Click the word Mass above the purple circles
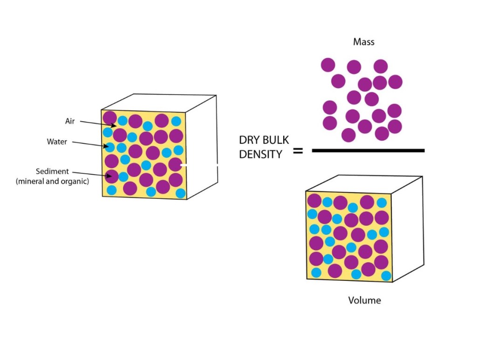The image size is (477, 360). point(364,42)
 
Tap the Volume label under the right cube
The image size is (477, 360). point(364,300)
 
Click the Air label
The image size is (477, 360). point(69,121)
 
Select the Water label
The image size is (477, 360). point(57,142)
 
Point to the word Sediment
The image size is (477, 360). point(52,171)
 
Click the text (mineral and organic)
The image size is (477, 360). point(52,182)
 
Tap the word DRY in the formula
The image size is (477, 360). point(249,140)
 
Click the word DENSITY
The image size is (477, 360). point(261,155)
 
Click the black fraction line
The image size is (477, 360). point(368,150)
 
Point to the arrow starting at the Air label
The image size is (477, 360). point(98,123)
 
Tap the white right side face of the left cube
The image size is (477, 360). point(201,144)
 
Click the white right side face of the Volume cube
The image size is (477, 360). point(407,228)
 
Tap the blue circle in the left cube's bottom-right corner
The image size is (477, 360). point(181,193)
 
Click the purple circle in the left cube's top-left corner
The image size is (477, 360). point(109,117)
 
